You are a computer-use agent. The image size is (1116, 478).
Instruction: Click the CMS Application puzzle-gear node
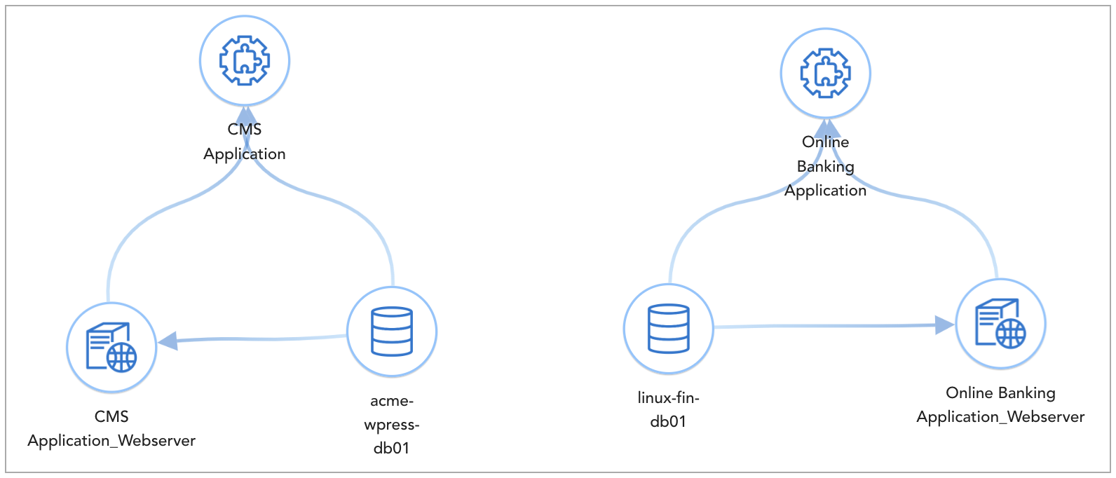point(245,61)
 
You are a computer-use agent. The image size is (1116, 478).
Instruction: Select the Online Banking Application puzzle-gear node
point(825,73)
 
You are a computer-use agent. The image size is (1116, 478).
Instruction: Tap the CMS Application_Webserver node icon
point(111,347)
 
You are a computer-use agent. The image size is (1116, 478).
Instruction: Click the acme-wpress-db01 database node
point(392,332)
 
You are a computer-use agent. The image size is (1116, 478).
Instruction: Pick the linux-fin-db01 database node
point(668,328)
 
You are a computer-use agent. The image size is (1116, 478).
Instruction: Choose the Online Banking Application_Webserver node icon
point(1000,323)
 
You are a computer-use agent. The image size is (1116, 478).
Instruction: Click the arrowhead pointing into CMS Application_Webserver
point(168,341)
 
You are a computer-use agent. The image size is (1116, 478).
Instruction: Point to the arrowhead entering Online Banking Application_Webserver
point(945,325)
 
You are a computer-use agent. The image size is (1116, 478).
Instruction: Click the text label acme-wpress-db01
point(392,424)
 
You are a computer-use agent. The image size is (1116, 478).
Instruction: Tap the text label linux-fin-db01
point(668,409)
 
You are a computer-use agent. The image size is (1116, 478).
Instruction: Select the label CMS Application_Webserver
point(111,428)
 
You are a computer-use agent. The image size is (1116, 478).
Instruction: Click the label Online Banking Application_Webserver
point(1000,404)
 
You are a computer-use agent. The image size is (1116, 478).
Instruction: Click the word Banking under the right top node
point(825,166)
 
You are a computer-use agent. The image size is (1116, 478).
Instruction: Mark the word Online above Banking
point(825,142)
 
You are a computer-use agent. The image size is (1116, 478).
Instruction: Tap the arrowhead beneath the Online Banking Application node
point(826,128)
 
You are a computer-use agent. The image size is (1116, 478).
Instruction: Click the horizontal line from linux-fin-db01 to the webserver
point(827,326)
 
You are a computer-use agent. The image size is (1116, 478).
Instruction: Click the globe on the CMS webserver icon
point(122,357)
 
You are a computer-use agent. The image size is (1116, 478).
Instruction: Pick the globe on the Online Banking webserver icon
point(1010,334)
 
